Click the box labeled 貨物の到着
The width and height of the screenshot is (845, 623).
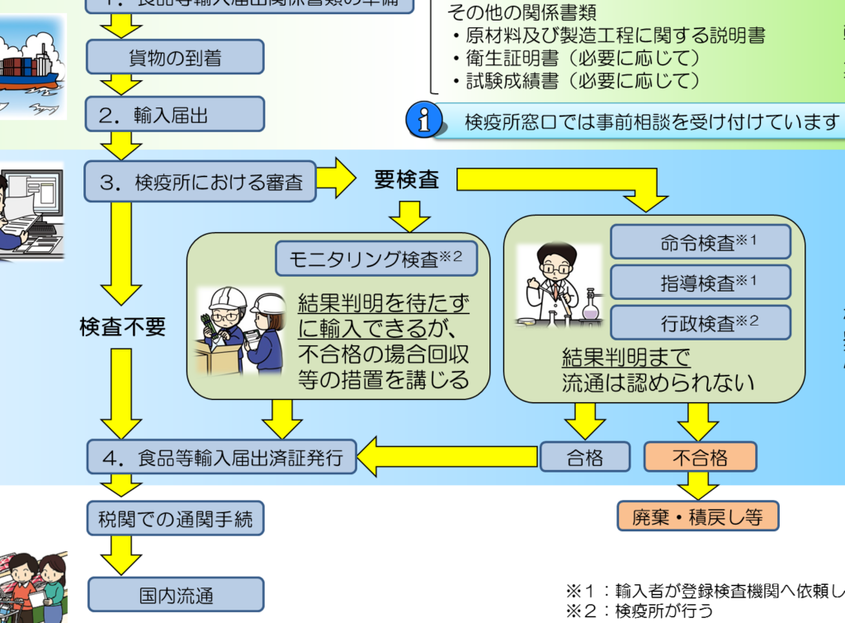coord(175,57)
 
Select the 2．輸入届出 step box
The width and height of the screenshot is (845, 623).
coord(175,115)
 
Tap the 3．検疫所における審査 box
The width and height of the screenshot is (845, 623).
coord(200,181)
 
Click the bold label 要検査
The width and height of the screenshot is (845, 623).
coord(406,179)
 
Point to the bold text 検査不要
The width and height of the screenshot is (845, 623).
coord(122,326)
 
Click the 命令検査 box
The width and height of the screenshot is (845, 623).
coord(700,241)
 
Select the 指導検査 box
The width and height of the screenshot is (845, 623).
coord(700,282)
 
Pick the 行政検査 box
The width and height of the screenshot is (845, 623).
coord(700,322)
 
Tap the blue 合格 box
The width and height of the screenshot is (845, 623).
coord(584,457)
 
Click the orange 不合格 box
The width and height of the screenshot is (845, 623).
coord(700,457)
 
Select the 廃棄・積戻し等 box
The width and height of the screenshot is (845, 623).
coord(697,516)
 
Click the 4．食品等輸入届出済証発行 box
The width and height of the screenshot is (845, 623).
coord(221,457)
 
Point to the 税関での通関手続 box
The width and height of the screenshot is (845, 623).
coord(175,519)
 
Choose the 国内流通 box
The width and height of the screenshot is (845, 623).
coord(175,594)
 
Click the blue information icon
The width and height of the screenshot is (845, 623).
coord(424,121)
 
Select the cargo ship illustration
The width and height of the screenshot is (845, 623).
coord(30,66)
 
